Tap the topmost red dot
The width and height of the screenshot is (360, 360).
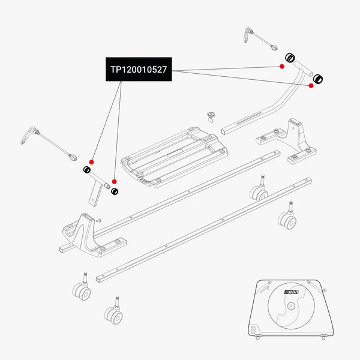click(x=281, y=66)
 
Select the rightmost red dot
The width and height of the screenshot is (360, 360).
click(x=311, y=86)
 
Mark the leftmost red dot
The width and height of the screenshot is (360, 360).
click(x=91, y=161)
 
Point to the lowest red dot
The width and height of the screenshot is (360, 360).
click(x=114, y=181)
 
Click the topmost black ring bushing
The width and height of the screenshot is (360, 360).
click(x=289, y=58)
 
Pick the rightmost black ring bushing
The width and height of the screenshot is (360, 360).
click(x=319, y=77)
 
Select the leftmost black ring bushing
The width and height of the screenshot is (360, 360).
click(x=86, y=170)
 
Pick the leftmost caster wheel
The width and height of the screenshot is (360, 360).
click(x=82, y=292)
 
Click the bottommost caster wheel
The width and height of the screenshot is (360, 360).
click(x=112, y=313)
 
